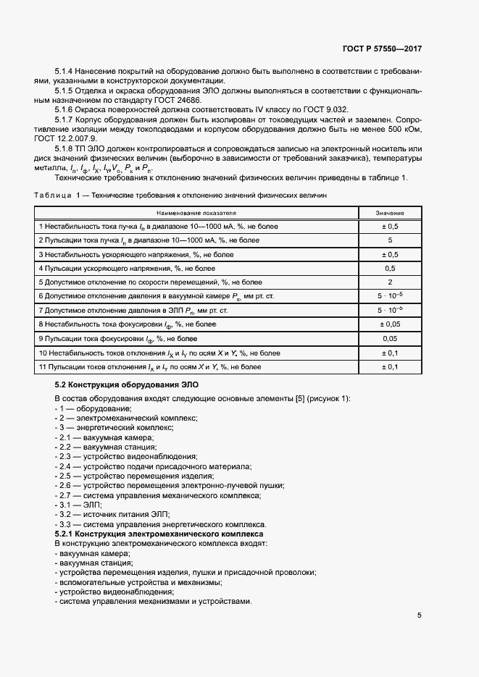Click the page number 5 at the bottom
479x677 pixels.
pyautogui.click(x=420, y=616)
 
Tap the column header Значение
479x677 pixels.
pyautogui.click(x=389, y=214)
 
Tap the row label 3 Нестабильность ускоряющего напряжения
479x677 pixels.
pyautogui.click(x=136, y=254)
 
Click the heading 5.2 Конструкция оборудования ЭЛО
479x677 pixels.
pyautogui.click(x=126, y=384)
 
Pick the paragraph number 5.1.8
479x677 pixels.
pyautogui.click(x=67, y=147)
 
